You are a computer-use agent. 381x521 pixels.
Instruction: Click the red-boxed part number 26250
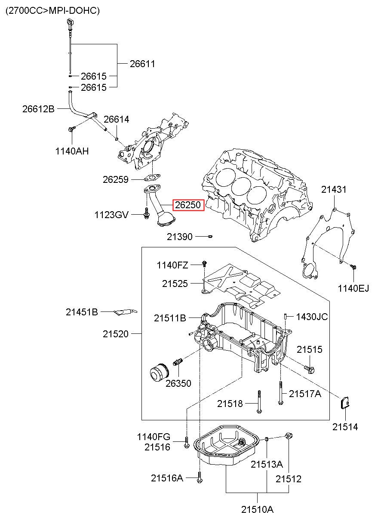point(187,205)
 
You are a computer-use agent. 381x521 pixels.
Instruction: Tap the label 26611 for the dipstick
point(142,64)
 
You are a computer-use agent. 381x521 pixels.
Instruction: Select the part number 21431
point(334,190)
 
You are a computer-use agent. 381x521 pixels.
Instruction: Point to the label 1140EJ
point(353,288)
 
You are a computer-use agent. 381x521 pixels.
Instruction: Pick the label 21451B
point(82,312)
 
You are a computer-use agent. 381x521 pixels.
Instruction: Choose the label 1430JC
point(312,317)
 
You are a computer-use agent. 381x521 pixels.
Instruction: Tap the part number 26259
point(116,179)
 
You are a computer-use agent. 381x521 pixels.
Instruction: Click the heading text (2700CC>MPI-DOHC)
point(52,11)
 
